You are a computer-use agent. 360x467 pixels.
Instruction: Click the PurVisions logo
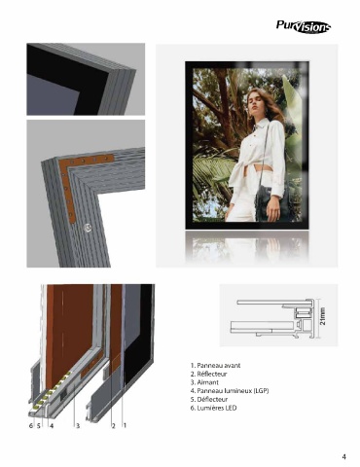tap(304, 26)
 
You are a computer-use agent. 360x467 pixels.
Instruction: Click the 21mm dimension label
tap(323, 316)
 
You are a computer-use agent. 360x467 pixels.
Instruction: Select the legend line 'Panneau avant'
tap(216, 366)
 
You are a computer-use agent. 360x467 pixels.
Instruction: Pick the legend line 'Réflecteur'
tap(209, 374)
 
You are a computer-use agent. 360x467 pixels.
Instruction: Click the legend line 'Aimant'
tap(204, 382)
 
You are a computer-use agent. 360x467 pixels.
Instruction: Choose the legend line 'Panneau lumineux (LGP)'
tap(230, 391)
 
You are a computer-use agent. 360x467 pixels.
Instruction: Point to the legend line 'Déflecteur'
tap(209, 399)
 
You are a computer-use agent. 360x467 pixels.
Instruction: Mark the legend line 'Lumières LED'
tap(214, 408)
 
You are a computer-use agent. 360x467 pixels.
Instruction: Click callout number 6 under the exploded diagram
tap(31, 426)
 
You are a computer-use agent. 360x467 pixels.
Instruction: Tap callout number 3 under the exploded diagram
tap(78, 426)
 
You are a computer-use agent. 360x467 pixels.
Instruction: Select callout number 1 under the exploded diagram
tap(125, 425)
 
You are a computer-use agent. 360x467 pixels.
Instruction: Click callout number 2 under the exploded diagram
tap(114, 426)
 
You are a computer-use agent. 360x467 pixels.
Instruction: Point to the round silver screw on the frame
tap(87, 228)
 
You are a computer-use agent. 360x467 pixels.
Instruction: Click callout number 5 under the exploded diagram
tap(38, 426)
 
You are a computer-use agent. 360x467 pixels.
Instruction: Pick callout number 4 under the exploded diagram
tap(52, 426)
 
